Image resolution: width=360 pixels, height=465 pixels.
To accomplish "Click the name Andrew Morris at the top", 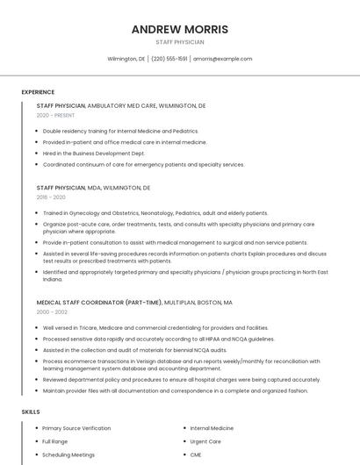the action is (179, 29).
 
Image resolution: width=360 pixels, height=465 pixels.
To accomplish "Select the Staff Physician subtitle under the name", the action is (179, 42).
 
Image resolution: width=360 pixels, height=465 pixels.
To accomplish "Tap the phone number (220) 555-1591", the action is (169, 59).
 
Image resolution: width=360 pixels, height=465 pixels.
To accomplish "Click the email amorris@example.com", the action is (222, 59).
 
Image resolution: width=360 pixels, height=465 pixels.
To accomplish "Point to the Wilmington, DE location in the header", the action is (126, 59).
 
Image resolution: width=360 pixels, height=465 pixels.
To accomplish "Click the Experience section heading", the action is (38, 92).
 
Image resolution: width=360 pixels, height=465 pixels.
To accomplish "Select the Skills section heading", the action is (31, 411).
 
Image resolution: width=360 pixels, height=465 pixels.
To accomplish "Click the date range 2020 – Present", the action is (55, 115).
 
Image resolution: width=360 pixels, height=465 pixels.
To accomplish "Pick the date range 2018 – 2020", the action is (52, 197).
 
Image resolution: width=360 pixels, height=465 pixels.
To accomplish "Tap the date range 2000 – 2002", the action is (52, 311).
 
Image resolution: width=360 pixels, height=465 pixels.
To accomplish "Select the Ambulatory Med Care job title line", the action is (121, 105).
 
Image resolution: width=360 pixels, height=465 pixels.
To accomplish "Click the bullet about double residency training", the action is (120, 131).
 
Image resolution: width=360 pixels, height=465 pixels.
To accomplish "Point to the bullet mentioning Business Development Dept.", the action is (94, 153).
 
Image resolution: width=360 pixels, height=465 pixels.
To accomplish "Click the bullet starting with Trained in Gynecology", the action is (155, 213).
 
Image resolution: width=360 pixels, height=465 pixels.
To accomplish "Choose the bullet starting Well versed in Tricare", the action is (155, 327).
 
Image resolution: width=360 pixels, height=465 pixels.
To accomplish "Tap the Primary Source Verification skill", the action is (76, 428).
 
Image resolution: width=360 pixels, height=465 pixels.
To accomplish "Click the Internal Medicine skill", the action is (212, 428).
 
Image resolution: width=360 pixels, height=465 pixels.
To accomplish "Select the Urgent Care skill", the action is (205, 441).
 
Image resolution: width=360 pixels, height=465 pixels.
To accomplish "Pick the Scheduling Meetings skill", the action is (68, 454).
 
